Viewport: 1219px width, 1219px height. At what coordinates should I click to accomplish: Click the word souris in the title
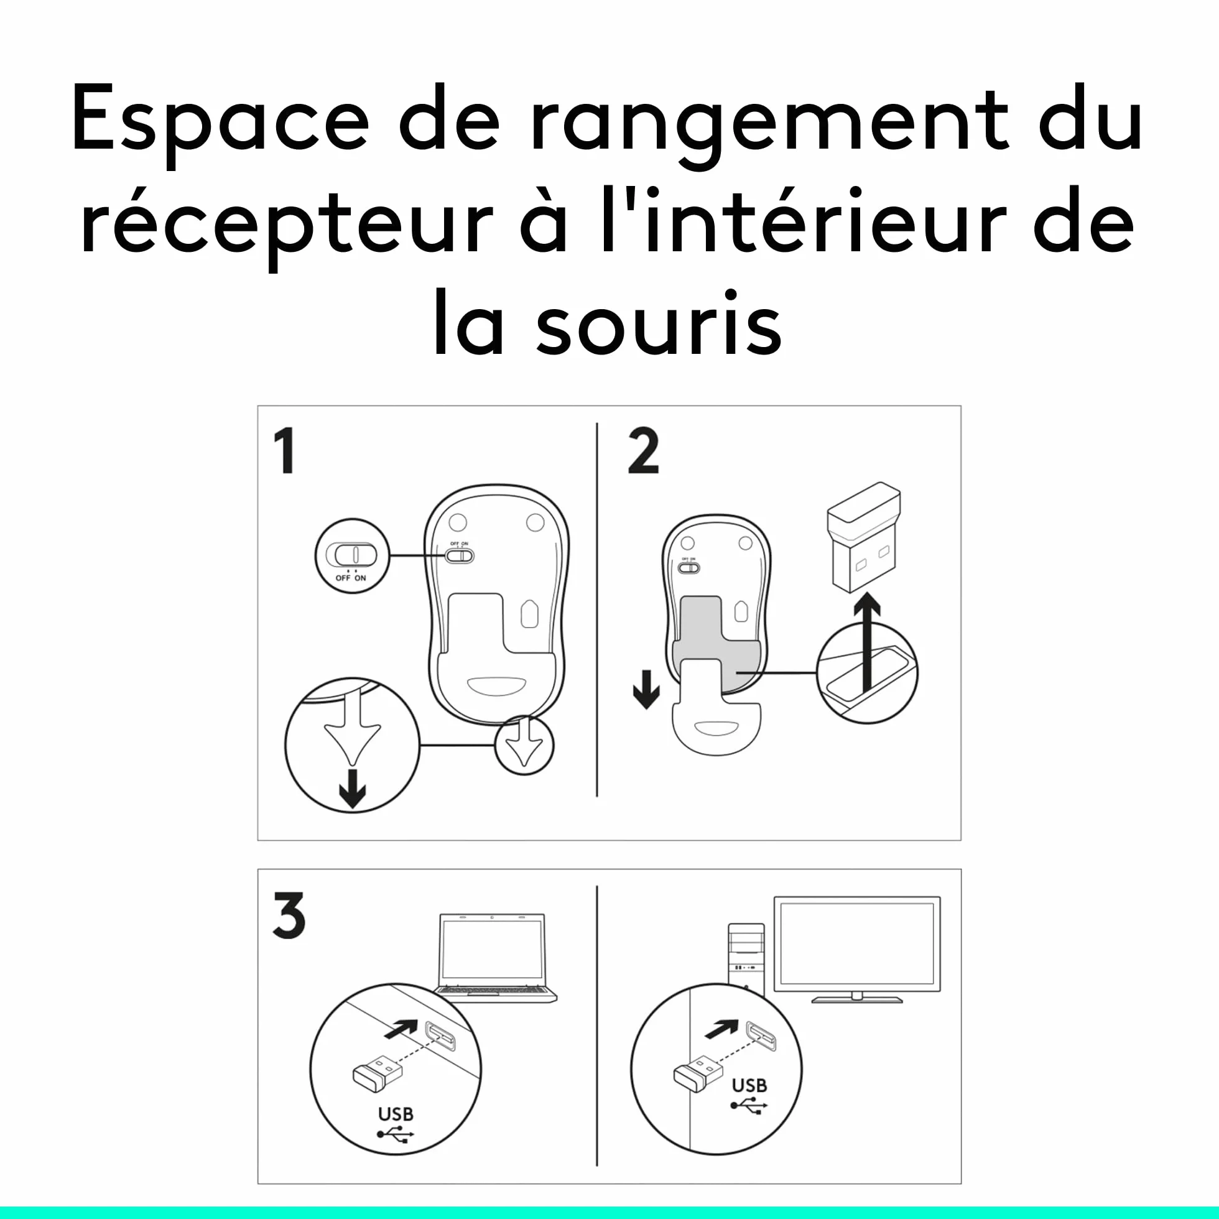659,322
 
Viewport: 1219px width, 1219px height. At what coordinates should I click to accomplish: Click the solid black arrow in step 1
352,787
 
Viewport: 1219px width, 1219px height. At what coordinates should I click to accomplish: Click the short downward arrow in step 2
646,689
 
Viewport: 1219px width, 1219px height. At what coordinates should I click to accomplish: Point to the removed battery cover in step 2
717,713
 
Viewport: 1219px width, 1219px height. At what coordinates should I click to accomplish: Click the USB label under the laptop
396,1114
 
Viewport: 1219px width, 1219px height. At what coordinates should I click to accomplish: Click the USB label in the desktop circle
749,1085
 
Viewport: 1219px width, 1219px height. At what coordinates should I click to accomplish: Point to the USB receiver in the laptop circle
378,1072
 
